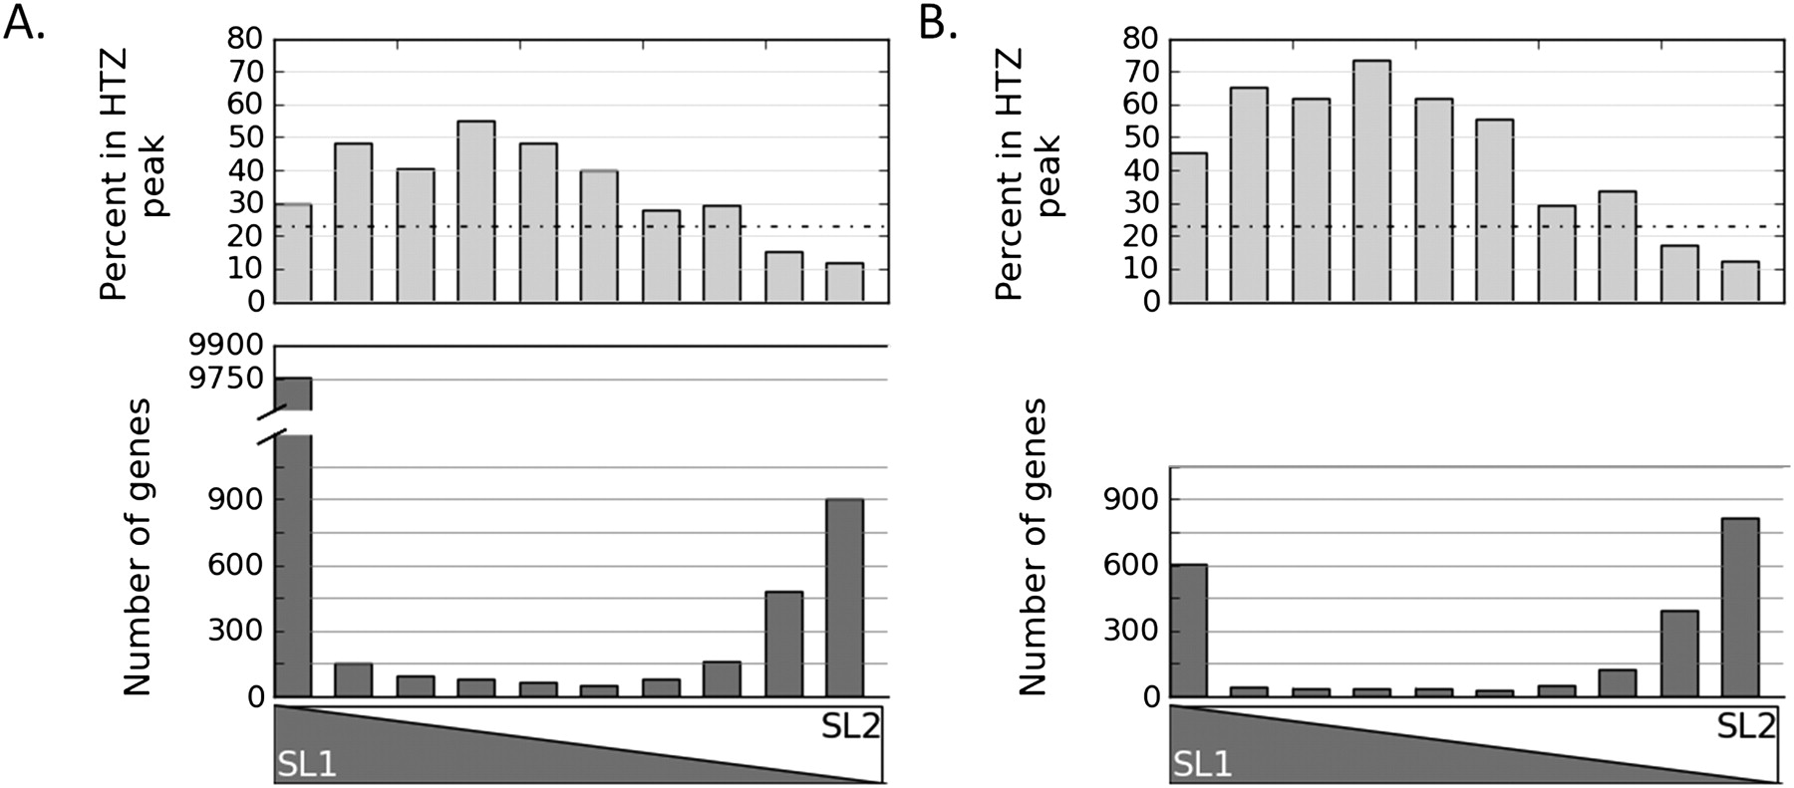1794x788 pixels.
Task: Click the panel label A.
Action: pyautogui.click(x=25, y=22)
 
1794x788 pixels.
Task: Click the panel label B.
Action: pyautogui.click(x=937, y=22)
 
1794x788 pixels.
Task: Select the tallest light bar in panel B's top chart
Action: pyautogui.click(x=1371, y=180)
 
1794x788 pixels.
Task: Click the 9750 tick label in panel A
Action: pyautogui.click(x=226, y=380)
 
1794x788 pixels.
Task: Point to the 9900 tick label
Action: pyautogui.click(x=226, y=347)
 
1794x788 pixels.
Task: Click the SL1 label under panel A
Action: pyautogui.click(x=305, y=764)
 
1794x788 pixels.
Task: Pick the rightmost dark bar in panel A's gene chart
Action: pyautogui.click(x=845, y=598)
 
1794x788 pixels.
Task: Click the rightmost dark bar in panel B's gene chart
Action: pyautogui.click(x=1740, y=608)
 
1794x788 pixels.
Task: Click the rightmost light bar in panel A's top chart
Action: pyautogui.click(x=845, y=282)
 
